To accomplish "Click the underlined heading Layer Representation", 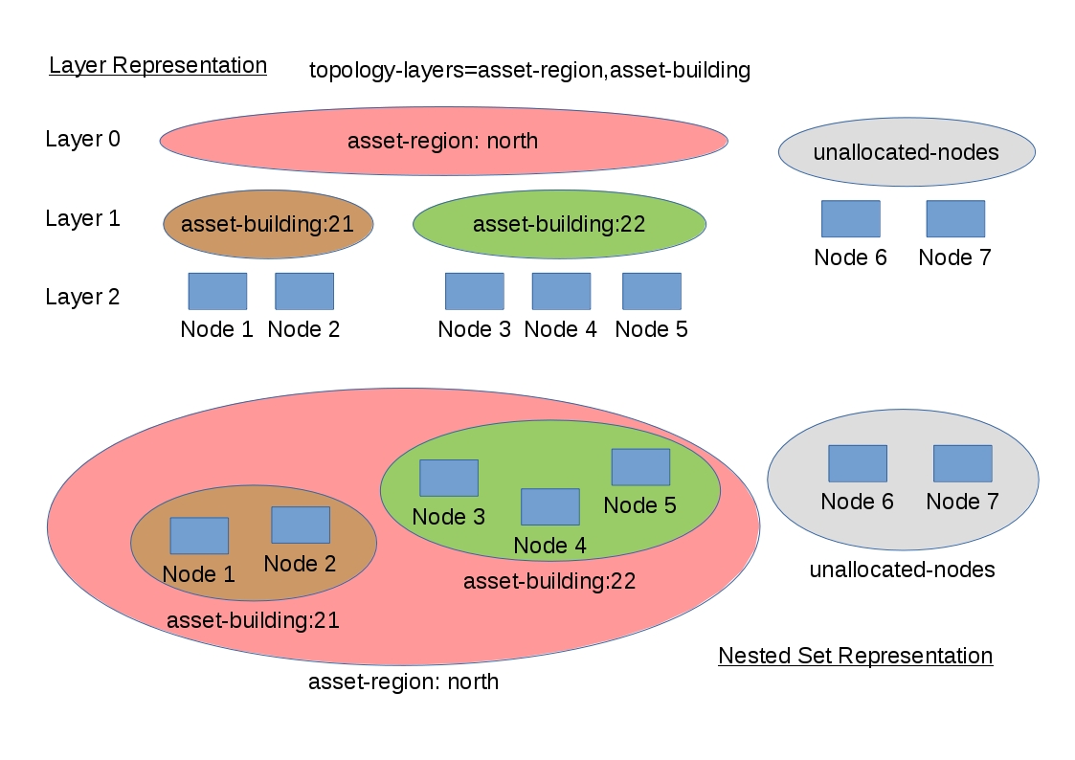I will coord(158,65).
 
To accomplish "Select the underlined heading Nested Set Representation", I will coord(855,656).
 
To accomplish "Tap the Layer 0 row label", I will coord(83,139).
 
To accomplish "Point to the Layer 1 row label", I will coord(83,218).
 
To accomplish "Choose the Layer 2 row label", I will coord(83,297).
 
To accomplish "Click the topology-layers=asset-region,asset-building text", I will coord(529,70).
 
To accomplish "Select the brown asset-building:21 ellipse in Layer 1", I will coord(268,224).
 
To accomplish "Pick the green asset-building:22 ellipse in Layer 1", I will coord(559,224).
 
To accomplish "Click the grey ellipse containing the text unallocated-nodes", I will coord(906,152).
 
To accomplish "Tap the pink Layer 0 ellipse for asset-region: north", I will coord(443,141).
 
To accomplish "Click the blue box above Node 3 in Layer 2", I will coord(474,291).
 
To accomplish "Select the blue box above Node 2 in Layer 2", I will coord(304,291).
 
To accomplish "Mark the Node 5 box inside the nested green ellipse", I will coord(640,467).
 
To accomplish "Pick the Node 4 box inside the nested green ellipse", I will coord(549,506).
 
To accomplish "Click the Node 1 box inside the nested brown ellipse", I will coord(199,536).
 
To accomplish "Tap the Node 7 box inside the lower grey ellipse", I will coord(962,463).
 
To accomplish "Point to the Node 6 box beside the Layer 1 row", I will coord(850,218).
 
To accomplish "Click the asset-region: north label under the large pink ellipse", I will coord(403,682).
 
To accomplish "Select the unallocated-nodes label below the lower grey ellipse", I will coord(902,570).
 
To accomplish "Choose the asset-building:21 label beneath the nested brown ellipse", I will coord(253,620).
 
